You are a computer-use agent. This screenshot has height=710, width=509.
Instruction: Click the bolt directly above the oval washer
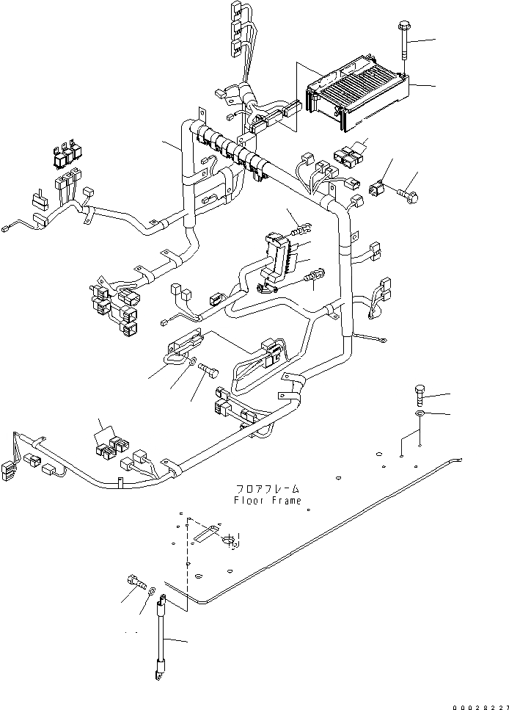pyautogui.click(x=419, y=394)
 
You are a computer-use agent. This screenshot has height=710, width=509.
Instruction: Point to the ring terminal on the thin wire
pyautogui.click(x=381, y=338)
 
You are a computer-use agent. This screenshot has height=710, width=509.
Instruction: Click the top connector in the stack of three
pyautogui.click(x=237, y=11)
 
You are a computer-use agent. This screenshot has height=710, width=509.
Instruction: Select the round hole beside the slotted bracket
pyautogui.click(x=228, y=542)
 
